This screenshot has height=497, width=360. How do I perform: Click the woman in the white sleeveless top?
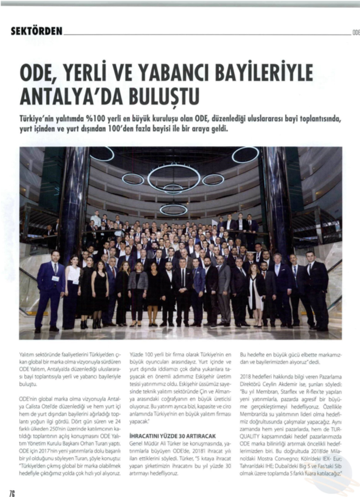(x=72, y=293)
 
